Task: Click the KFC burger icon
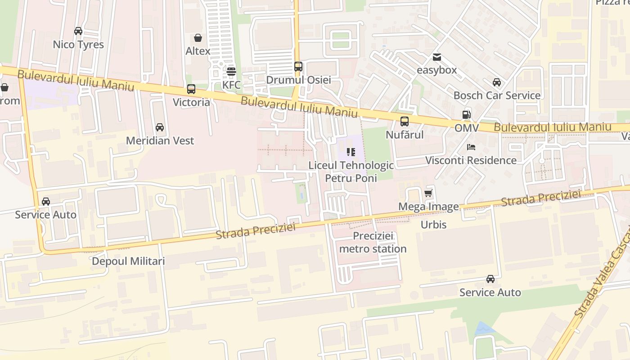point(231,71)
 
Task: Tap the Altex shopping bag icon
point(198,38)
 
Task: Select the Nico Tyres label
point(78,45)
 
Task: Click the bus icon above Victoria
point(191,89)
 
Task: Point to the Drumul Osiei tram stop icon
point(298,67)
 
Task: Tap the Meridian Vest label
point(160,140)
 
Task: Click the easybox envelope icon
point(436,57)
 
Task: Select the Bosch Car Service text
point(497,95)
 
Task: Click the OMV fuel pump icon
point(466,115)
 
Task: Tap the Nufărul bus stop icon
point(405,121)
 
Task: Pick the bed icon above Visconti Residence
point(471,147)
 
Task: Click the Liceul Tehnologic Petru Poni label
point(351,171)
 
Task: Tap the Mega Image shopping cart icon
point(428,193)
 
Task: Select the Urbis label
point(433,225)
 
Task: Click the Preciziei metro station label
point(373,242)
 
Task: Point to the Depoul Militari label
point(128,261)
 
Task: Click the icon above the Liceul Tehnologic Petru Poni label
point(351,152)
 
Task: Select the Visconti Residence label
point(471,160)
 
